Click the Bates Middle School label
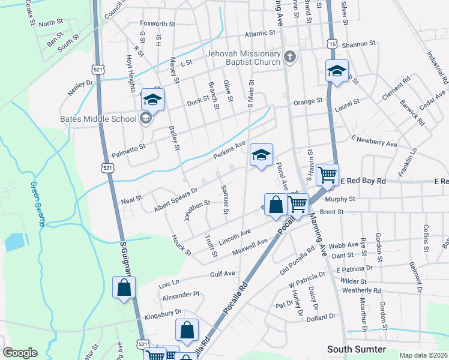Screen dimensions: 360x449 98,118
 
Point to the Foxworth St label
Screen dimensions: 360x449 157,25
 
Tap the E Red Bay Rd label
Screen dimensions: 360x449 360,181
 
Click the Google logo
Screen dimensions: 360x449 20,353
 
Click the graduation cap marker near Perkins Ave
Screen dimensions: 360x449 261,155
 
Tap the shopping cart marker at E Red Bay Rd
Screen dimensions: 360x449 327,175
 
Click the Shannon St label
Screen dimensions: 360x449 358,44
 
